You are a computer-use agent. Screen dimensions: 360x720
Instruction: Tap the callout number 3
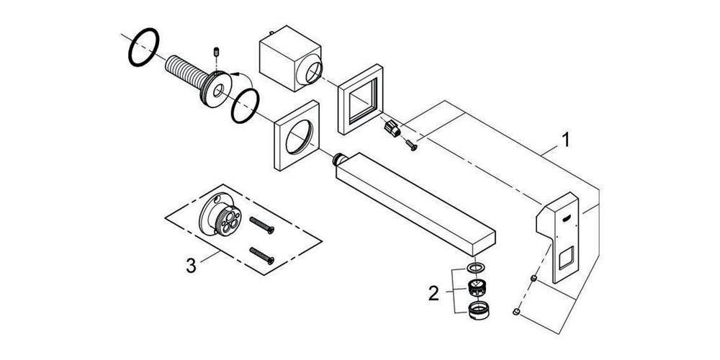191,265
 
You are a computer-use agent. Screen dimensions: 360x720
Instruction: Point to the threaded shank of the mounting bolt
184,72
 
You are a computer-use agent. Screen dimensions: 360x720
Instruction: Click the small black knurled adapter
392,130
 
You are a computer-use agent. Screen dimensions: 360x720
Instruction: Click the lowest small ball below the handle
517,312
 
